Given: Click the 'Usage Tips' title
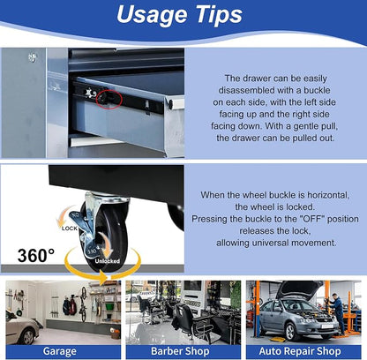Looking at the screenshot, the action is click(x=179, y=15).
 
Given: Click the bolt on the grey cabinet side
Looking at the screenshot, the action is click(x=33, y=57).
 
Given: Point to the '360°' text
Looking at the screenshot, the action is click(x=36, y=255).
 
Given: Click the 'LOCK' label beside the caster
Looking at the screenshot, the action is click(x=70, y=229).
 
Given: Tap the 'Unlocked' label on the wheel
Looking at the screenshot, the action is click(x=108, y=261).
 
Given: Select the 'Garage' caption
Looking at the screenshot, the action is click(x=60, y=351).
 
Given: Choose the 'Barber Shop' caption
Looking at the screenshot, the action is click(x=180, y=351).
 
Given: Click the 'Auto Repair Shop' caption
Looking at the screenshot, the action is click(x=300, y=351).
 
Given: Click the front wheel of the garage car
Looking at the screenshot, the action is click(x=27, y=336).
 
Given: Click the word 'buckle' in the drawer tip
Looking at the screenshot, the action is click(x=317, y=90).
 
